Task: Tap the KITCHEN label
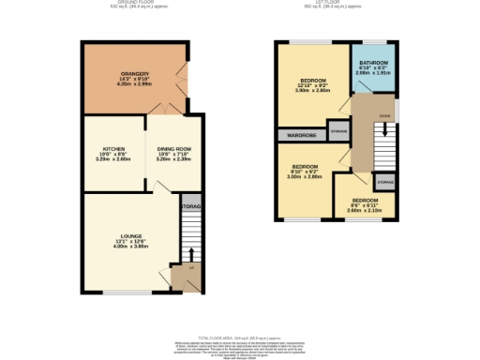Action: click(113, 148)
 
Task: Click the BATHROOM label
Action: click(372, 63)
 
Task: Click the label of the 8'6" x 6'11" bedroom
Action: click(365, 201)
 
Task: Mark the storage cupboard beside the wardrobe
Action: click(337, 131)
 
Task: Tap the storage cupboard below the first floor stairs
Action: click(384, 180)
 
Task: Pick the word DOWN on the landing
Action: click(384, 117)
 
